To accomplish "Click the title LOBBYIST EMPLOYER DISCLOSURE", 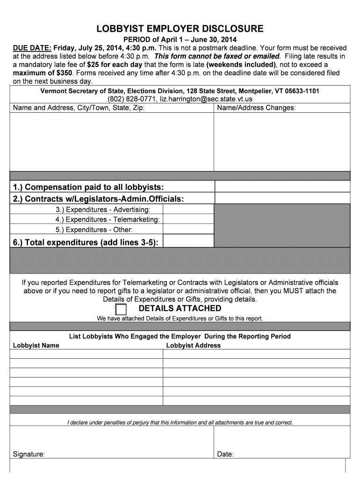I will tap(180, 29).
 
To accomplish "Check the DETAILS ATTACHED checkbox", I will tap(121, 309).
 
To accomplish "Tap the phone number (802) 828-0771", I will tap(132, 99).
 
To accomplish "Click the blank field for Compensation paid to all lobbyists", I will tap(282, 187).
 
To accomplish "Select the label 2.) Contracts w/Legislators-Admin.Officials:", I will tap(98, 199).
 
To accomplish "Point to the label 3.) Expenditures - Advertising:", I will tap(103, 210).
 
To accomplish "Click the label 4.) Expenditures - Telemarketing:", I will tap(108, 219).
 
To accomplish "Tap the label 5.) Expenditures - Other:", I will tap(94, 230).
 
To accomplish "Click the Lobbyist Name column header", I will tap(36, 346).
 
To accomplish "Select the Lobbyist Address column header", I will tap(194, 346).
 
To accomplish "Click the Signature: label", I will tap(29, 454).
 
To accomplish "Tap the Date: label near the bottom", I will tap(225, 454).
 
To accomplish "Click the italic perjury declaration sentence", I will tap(180, 422).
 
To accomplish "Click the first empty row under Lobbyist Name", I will tap(86, 354).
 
